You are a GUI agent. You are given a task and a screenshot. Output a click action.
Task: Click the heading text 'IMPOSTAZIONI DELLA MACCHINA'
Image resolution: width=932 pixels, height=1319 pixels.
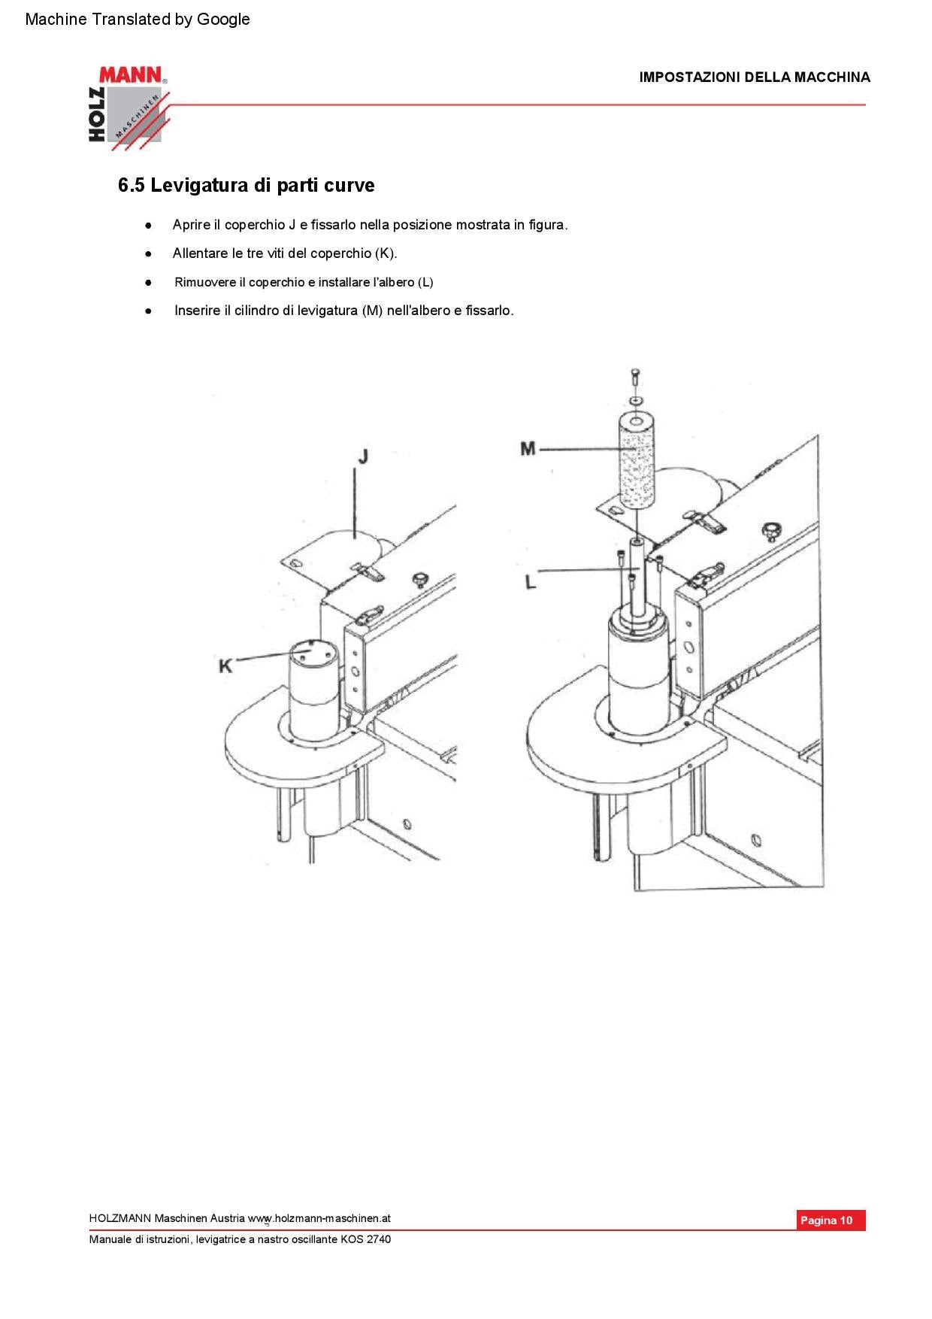coord(754,77)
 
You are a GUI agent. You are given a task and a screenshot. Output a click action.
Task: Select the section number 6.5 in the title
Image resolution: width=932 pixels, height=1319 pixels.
coord(131,186)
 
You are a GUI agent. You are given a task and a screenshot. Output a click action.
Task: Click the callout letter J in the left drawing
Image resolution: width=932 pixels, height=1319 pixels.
coord(362,456)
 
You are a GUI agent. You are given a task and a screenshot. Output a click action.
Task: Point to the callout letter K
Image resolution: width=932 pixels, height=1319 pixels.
coord(225,666)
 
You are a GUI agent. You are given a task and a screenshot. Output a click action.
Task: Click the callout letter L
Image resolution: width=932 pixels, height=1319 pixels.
coord(531,581)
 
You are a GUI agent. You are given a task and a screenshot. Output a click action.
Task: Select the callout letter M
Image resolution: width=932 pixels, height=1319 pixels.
coord(528,449)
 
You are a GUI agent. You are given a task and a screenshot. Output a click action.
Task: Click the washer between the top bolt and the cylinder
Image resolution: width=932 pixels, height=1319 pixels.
coord(637,399)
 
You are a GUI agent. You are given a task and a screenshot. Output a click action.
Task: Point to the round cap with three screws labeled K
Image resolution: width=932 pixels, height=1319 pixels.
coord(310,651)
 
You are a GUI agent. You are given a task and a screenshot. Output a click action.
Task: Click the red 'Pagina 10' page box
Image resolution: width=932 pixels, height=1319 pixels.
coord(831,1220)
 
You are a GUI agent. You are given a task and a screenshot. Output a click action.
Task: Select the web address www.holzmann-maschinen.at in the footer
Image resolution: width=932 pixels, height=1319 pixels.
coord(319,1218)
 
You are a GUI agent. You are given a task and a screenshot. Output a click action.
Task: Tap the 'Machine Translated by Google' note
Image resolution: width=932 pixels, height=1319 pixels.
coord(138,20)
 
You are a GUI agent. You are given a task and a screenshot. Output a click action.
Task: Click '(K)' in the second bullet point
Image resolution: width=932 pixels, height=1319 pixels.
coord(385,253)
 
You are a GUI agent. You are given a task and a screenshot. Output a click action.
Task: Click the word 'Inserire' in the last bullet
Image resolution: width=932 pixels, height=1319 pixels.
coord(197,311)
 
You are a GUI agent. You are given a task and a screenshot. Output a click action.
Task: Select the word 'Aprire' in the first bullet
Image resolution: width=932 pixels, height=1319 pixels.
coord(191,225)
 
